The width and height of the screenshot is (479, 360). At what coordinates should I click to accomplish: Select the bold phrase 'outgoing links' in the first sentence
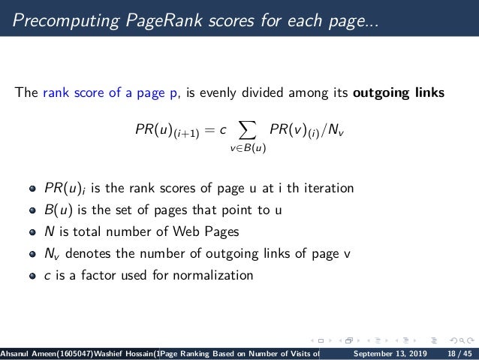pos(399,94)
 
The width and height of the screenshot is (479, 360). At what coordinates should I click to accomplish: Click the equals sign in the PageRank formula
pos(203,132)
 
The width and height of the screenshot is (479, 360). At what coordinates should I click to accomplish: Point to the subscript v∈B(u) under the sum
pos(248,148)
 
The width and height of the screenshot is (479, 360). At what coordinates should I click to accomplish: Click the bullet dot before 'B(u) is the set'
pos(32,210)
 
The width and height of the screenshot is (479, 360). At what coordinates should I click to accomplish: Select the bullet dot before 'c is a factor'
pos(32,275)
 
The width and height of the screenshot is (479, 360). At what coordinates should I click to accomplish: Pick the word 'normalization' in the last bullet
pos(218,275)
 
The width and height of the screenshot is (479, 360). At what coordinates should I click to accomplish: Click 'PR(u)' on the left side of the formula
pos(153,132)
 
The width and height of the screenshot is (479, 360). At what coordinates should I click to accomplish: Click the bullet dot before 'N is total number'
pos(32,231)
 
